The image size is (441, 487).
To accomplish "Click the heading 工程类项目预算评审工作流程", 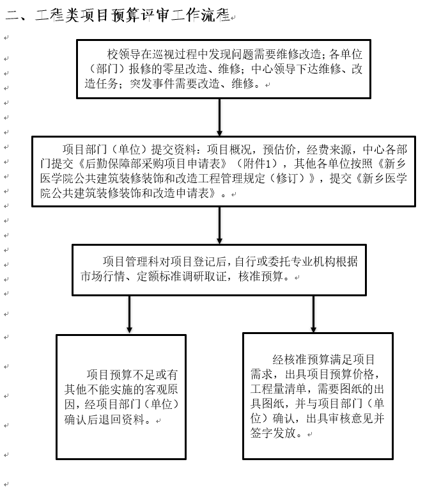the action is pyautogui.click(x=133, y=15).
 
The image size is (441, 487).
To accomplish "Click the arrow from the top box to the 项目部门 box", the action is pyautogui.click(x=220, y=117).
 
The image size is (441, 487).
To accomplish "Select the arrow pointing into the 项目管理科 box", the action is pyautogui.click(x=220, y=225).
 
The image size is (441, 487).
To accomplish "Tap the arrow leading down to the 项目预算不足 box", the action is pyautogui.click(x=129, y=315).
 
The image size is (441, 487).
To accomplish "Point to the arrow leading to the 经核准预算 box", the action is pyautogui.click(x=313, y=314).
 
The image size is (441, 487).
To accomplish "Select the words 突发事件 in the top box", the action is pyautogui.click(x=152, y=84).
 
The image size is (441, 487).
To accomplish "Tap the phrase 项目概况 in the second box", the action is pyautogui.click(x=229, y=150).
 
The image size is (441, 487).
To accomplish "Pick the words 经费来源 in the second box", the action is pyautogui.click(x=329, y=150).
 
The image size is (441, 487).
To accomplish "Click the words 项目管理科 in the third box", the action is pyautogui.click(x=130, y=262).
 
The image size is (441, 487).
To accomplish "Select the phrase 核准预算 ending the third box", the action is pyautogui.click(x=261, y=276).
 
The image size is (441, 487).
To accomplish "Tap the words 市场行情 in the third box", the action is pyautogui.click(x=103, y=276).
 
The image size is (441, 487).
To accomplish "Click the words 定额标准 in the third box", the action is pyautogui.click(x=159, y=276).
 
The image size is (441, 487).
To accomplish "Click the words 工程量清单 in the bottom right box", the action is pyautogui.click(x=278, y=389).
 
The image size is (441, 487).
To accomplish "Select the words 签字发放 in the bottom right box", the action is pyautogui.click(x=273, y=433).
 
